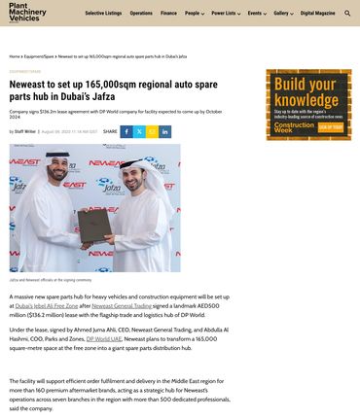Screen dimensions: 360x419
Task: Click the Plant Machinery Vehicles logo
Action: tap(24, 13)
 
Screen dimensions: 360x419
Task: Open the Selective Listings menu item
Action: tap(104, 14)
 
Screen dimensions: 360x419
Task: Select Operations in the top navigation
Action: tap(141, 14)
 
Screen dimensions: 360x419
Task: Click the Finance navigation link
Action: tap(169, 14)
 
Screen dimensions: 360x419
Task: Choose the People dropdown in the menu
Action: tap(195, 14)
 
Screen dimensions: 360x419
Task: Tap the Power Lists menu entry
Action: tap(226, 14)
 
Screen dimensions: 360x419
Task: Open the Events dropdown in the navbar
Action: tap(257, 14)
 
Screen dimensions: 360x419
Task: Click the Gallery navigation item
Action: tap(283, 14)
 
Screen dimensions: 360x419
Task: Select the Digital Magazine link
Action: tap(317, 14)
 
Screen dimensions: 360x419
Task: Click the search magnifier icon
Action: tap(348, 14)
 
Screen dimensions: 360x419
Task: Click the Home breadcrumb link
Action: tap(15, 56)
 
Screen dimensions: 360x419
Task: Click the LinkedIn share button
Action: tap(164, 131)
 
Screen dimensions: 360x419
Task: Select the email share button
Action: tap(152, 131)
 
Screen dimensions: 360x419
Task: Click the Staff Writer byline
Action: tap(24, 131)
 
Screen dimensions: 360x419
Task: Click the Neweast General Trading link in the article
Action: tap(123, 305)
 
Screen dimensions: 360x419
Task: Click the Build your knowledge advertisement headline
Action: tap(306, 92)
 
